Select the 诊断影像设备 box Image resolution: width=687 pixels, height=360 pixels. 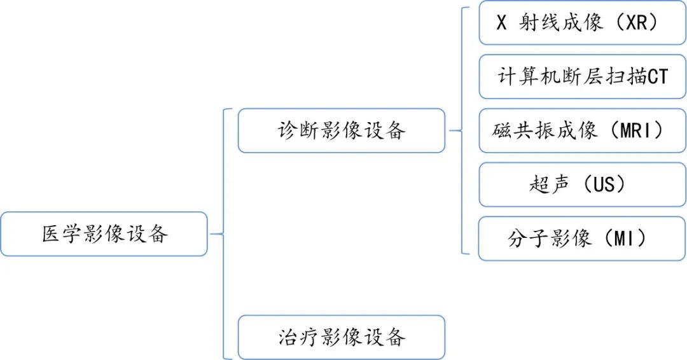coord(342,130)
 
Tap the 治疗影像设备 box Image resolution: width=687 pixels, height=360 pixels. coord(342,336)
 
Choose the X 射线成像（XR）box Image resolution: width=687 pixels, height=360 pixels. coord(582,23)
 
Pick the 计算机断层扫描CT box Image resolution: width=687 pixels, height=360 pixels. coord(582,77)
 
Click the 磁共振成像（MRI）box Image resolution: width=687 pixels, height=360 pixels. coord(582,131)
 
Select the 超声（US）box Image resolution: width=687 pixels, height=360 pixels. coord(582,184)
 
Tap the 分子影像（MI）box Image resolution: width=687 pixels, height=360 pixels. coord(582,239)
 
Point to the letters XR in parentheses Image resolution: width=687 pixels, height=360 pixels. coord(639,23)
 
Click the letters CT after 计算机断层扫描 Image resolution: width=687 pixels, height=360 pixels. coord(657,77)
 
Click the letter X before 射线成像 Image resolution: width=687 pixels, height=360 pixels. coord(502,23)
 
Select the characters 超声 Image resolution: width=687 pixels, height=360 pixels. coord(549,184)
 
